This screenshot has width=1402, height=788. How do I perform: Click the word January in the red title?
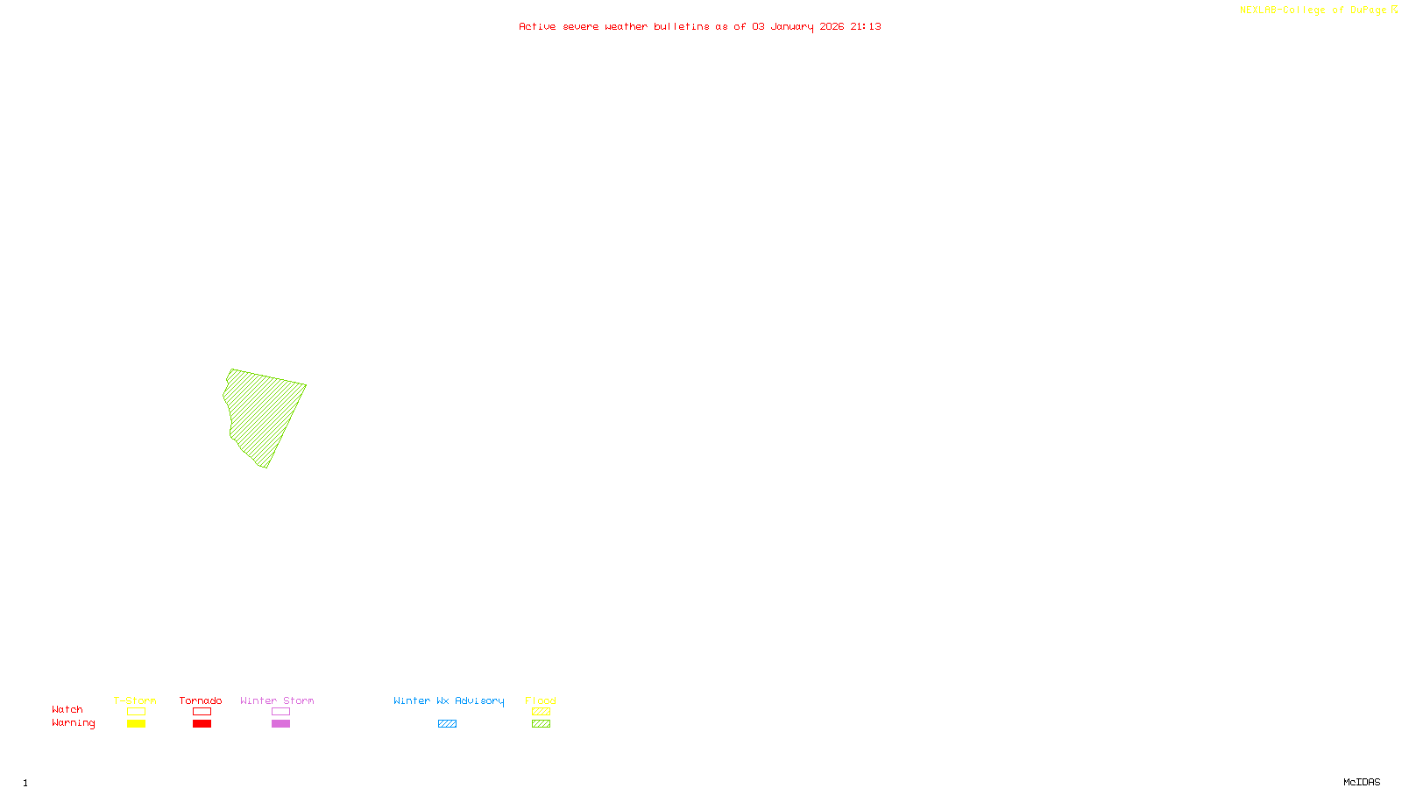pyautogui.click(x=792, y=26)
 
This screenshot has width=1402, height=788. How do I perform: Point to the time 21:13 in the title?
pyautogui.click(x=866, y=26)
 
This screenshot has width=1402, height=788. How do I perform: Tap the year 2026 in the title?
pyautogui.click(x=832, y=26)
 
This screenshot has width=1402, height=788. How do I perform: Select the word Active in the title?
pyautogui.click(x=537, y=26)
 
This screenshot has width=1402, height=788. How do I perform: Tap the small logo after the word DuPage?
pyautogui.click(x=1394, y=10)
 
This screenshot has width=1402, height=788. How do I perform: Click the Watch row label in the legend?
pyautogui.click(x=67, y=709)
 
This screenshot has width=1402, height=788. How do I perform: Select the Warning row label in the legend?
pyautogui.click(x=73, y=723)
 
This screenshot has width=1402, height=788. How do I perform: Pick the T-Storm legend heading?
pyautogui.click(x=135, y=700)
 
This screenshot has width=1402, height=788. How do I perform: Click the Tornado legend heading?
pyautogui.click(x=201, y=700)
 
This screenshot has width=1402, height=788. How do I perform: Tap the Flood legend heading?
pyautogui.click(x=541, y=700)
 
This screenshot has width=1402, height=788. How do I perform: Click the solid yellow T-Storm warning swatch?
pyautogui.click(x=136, y=724)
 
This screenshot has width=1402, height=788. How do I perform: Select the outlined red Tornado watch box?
pyautogui.click(x=202, y=712)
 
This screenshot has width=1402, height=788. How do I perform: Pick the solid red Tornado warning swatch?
pyautogui.click(x=202, y=724)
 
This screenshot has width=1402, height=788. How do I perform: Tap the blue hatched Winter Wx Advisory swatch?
pyautogui.click(x=447, y=724)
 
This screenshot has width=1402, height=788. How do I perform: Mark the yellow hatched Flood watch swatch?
pyautogui.click(x=541, y=712)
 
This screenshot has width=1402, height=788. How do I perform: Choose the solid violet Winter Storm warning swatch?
pyautogui.click(x=280, y=724)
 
